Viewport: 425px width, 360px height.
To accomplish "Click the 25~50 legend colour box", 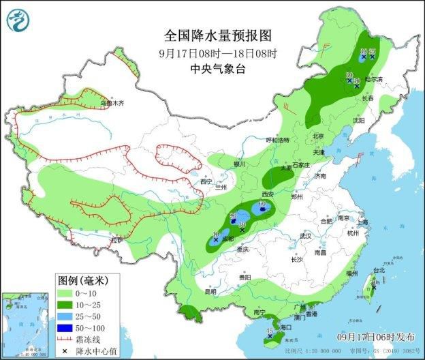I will click(65, 315).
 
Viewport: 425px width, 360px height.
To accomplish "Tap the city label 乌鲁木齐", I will click(112, 104).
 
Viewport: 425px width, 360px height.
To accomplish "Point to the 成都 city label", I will click(227, 239).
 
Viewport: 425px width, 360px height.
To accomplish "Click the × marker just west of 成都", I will click(216, 240).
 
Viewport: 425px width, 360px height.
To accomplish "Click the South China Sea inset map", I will click(26, 325).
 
